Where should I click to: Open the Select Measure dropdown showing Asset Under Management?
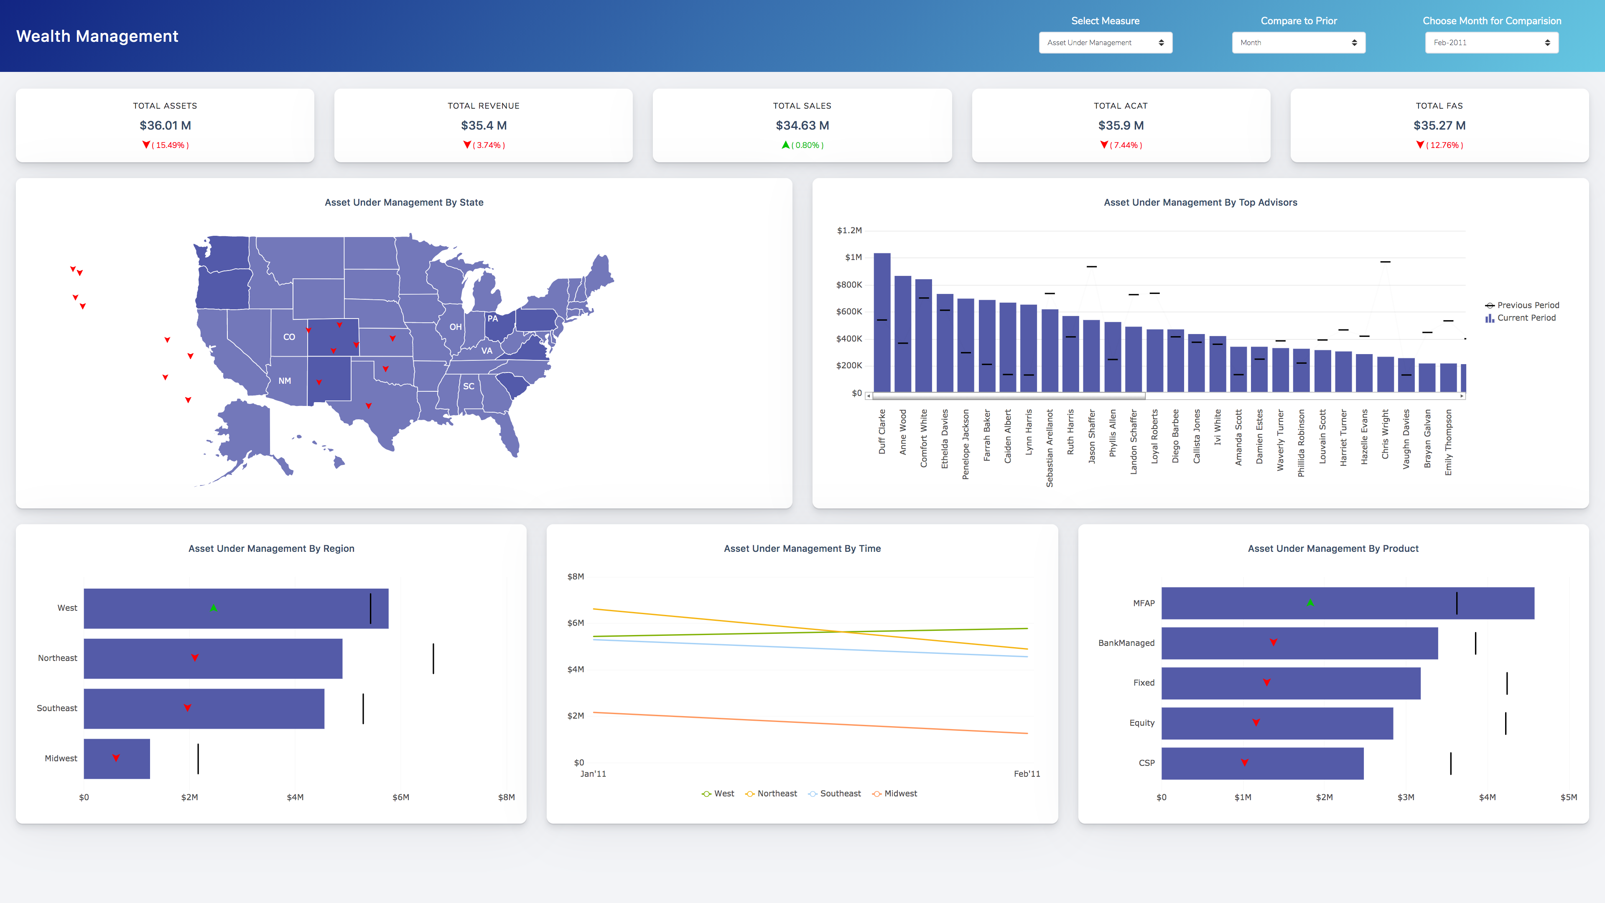pos(1105,42)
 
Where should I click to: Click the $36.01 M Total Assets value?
pos(165,125)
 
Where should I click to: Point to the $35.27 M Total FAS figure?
pos(1439,125)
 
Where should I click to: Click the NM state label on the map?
pos(285,381)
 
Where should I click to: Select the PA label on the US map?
pos(492,319)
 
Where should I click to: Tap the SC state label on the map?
pos(469,386)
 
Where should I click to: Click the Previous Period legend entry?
pos(1527,305)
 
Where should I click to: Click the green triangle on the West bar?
pos(214,607)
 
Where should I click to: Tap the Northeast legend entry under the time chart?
pos(776,793)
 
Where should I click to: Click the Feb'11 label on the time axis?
pos(1026,774)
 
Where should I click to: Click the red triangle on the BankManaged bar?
pos(1273,643)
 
